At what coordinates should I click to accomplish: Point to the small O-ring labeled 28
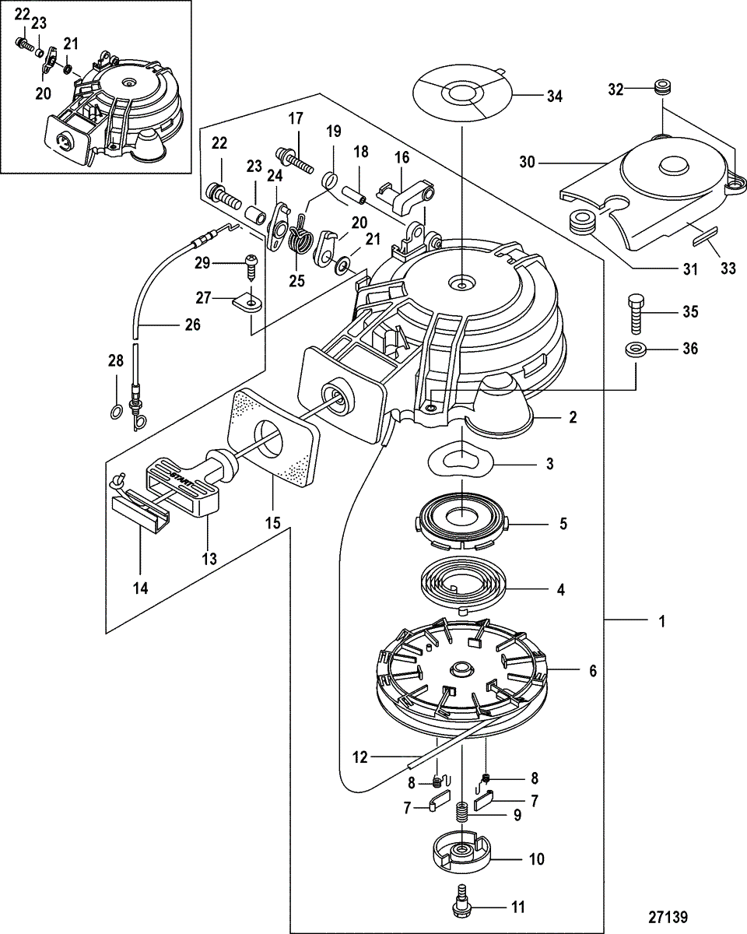[115, 411]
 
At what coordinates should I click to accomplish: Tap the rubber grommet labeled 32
[663, 86]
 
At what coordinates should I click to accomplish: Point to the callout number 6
[593, 670]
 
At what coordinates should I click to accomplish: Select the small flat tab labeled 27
[248, 300]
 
